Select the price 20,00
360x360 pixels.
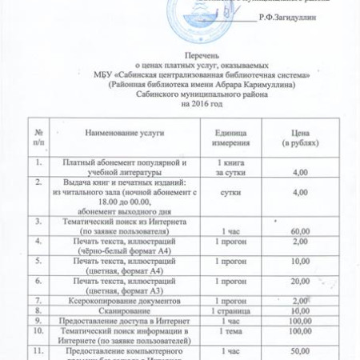[300, 281]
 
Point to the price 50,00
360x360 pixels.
[300, 350]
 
